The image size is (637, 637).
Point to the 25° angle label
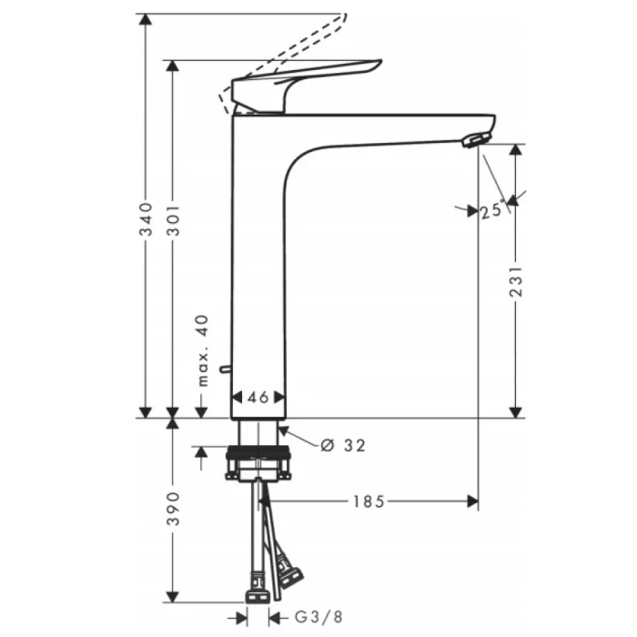tap(492, 210)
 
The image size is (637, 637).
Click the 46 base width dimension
tap(259, 398)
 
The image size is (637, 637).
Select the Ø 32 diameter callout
tap(342, 445)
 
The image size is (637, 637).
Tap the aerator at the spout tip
tap(475, 139)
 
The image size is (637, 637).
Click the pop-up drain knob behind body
tap(224, 371)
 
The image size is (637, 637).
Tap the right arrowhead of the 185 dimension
tap(471, 500)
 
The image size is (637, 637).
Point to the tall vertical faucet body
tap(258, 264)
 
